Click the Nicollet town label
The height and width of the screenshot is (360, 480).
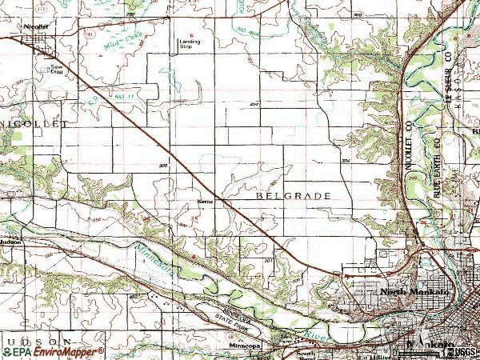37,26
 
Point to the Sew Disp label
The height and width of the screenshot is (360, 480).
57,70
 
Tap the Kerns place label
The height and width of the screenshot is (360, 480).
204,202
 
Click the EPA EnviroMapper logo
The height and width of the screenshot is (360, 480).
53,351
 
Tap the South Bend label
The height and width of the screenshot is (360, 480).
306,352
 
